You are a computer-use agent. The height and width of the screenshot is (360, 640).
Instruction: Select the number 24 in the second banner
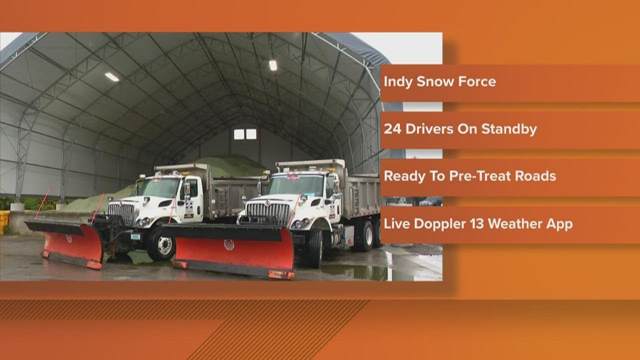(391, 129)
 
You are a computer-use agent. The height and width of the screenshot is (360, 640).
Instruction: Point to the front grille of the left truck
(121, 212)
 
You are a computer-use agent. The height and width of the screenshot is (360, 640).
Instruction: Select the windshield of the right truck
(295, 185)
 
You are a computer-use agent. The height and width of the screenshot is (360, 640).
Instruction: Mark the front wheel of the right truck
(315, 248)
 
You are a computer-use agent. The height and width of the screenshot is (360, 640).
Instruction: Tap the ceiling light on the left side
(111, 76)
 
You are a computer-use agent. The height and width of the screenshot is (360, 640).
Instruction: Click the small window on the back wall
(245, 134)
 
